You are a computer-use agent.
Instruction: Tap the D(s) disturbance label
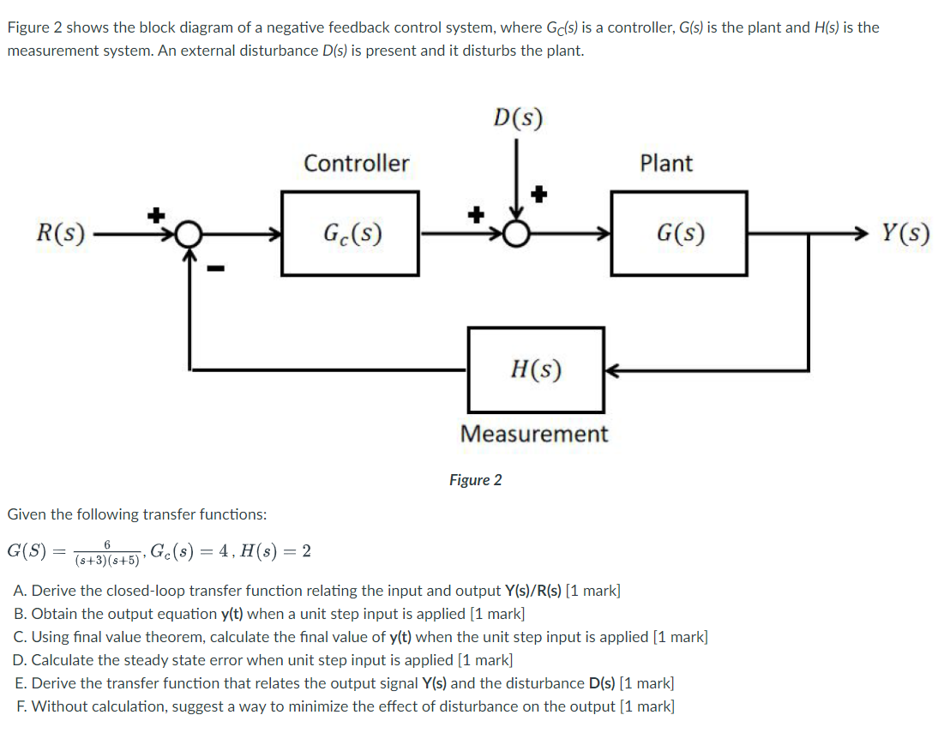pyautogui.click(x=518, y=117)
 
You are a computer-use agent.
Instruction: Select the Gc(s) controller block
pyautogui.click(x=351, y=233)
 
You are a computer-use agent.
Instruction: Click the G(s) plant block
pyautogui.click(x=679, y=233)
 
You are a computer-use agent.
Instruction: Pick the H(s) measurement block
pyautogui.click(x=536, y=370)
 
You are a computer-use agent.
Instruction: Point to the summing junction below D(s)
pyautogui.click(x=517, y=233)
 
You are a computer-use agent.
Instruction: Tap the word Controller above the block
pyautogui.click(x=357, y=163)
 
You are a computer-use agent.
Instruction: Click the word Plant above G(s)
pyautogui.click(x=666, y=163)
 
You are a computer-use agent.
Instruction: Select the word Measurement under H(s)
pyautogui.click(x=534, y=434)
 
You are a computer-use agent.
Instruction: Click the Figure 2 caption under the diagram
pyautogui.click(x=475, y=480)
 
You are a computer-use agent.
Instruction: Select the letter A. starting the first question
pyautogui.click(x=21, y=591)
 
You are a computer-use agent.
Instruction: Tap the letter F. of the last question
pyautogui.click(x=21, y=706)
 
